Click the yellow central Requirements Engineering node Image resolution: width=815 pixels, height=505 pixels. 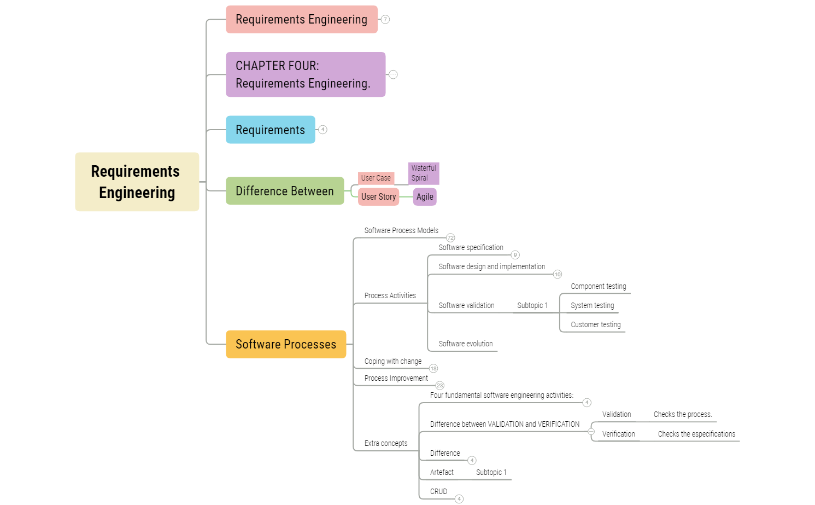coord(137,182)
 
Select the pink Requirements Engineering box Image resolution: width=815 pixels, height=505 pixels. coord(301,20)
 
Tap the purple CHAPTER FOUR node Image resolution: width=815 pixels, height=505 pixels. coord(305,74)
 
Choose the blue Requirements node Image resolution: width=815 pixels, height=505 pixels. coord(270,130)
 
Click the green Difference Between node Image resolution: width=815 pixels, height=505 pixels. coord(284,191)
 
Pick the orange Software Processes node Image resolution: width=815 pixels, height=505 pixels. coord(285,344)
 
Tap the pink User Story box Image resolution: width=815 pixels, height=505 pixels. coord(378,197)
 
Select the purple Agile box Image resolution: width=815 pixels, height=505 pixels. coord(425,197)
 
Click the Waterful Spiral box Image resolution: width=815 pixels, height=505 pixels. coord(424,173)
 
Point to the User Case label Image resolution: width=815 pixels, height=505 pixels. coord(376,178)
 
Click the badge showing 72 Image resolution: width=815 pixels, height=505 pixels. coord(450,238)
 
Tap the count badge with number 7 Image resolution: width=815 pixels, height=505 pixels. coord(385,20)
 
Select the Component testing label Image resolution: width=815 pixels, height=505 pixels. coord(598,287)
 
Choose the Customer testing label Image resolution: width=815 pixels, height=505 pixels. coord(595,325)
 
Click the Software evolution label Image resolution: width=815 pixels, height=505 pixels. coord(465,344)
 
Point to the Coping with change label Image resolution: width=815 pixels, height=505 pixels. coord(392,362)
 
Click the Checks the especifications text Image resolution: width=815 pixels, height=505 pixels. coord(696,434)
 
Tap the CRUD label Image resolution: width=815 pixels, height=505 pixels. coord(438,492)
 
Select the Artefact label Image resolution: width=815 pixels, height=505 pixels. coord(442,473)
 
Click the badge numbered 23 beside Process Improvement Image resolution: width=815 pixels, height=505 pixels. coord(440,386)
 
